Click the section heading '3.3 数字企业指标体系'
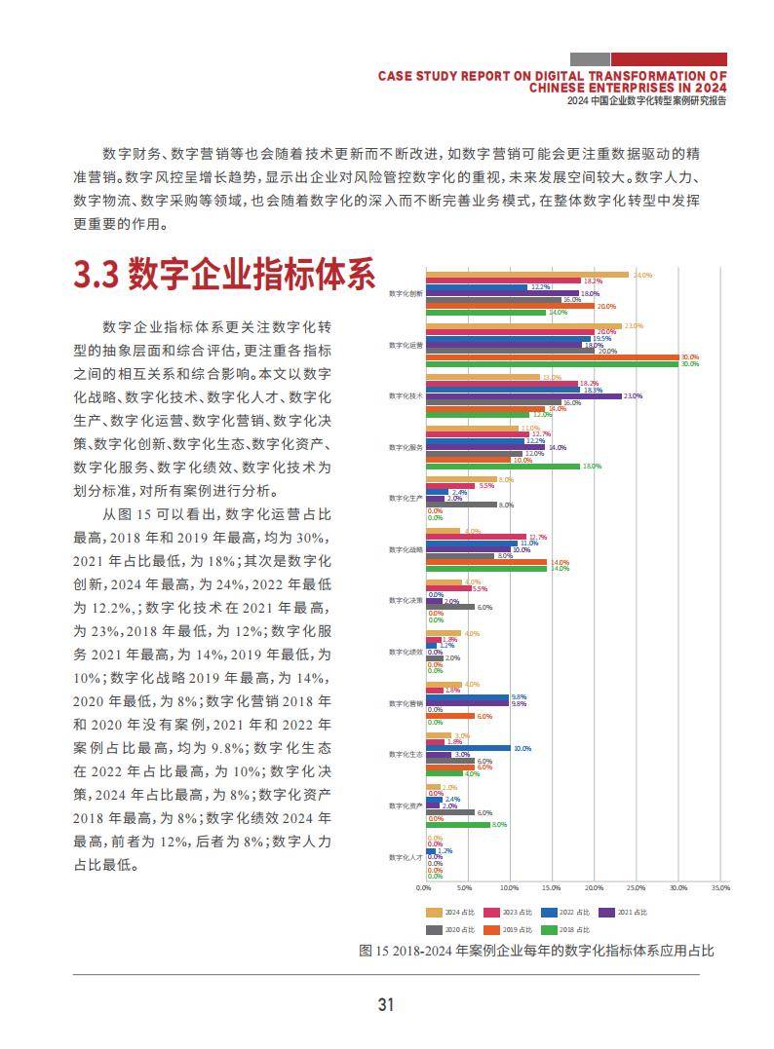224,275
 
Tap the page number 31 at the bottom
386,1005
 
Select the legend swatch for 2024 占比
434,913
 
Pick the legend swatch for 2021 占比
606,913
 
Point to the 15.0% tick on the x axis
552,888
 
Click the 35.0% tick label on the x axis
720,888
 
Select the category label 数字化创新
406,293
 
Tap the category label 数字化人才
406,857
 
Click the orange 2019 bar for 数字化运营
552,357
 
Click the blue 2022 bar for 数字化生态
468,748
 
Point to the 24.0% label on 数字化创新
642,276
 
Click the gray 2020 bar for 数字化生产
460,505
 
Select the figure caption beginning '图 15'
536,951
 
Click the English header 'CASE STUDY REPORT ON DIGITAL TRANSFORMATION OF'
552,74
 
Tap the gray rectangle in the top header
590,59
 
